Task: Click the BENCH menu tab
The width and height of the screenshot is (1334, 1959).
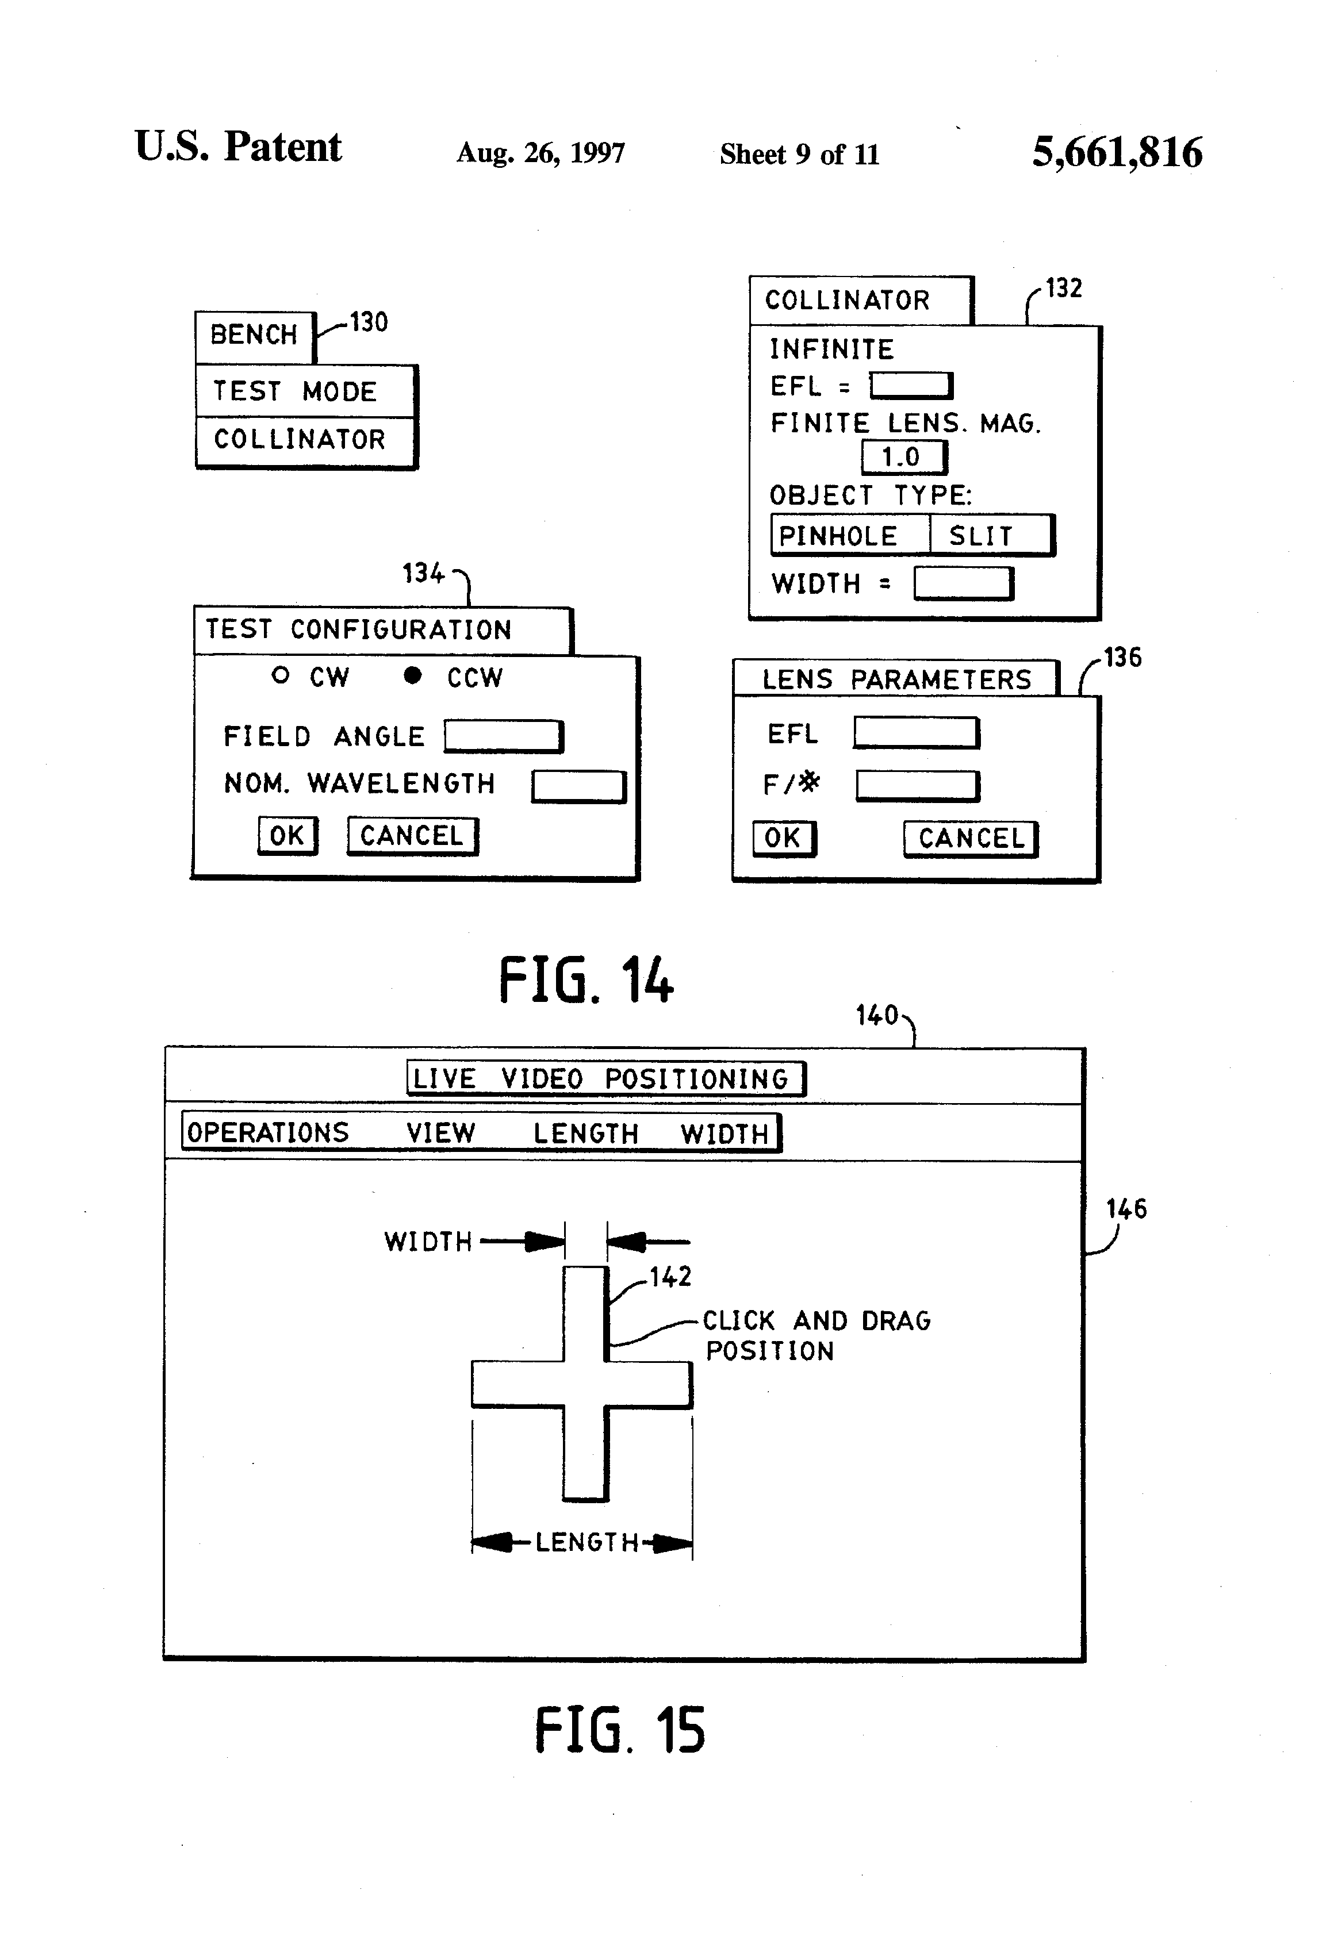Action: (x=255, y=336)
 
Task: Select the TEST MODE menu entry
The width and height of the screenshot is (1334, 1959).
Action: (x=305, y=391)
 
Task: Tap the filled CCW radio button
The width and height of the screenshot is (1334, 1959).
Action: (x=412, y=675)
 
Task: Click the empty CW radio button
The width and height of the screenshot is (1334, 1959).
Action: (x=281, y=675)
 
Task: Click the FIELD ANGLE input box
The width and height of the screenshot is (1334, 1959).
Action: (x=503, y=736)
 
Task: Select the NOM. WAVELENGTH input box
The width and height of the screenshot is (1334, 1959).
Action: (x=578, y=786)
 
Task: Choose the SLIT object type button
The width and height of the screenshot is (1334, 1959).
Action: (x=992, y=535)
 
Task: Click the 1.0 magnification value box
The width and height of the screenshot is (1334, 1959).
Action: (x=904, y=458)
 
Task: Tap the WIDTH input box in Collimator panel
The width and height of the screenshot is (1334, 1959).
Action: (x=964, y=583)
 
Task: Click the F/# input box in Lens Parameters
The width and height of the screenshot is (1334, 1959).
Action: (x=918, y=786)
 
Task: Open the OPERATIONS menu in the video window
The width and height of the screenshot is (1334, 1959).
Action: (x=268, y=1132)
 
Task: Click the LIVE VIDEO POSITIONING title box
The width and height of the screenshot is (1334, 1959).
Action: (x=606, y=1078)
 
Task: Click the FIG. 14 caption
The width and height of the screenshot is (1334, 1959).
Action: (x=586, y=980)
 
